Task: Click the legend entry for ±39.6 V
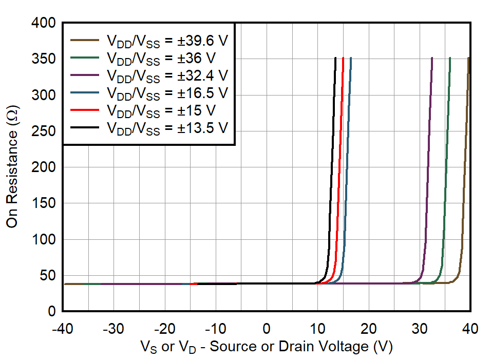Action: coord(166,41)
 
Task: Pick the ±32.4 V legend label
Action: coord(166,75)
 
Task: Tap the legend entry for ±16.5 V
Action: coord(166,93)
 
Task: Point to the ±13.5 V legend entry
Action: coord(166,128)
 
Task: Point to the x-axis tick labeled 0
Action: coord(267,328)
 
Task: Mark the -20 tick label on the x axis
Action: coord(164,328)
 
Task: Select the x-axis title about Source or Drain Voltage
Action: coord(267,347)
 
